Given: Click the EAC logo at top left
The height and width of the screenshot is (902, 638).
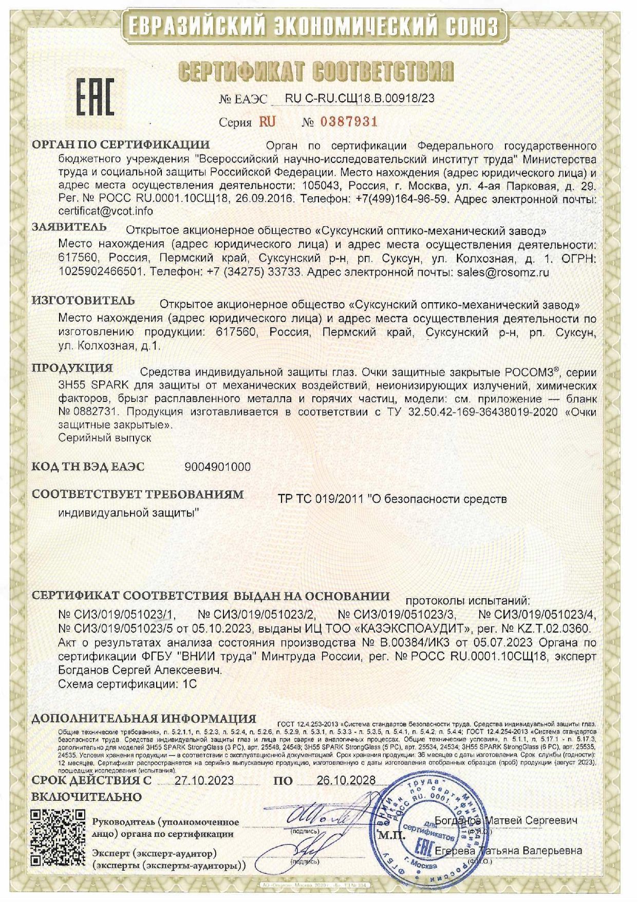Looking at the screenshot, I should pos(95,97).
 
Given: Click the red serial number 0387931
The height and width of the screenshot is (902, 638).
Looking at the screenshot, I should pos(349,122).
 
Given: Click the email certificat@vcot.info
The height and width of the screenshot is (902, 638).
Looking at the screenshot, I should pos(105,211).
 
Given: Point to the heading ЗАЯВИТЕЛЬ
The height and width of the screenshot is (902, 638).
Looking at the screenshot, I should pos(69,227).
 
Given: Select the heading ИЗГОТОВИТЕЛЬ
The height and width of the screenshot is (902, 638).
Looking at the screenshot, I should pos(83,301).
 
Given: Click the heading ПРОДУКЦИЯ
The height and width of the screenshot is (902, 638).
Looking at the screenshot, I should pos(72,368).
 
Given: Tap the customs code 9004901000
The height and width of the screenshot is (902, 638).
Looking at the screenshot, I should pos(217,467).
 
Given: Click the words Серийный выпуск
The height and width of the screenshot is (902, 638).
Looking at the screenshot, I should pos(105,438).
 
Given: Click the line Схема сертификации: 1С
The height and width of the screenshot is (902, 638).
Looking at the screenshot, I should pos(127,684).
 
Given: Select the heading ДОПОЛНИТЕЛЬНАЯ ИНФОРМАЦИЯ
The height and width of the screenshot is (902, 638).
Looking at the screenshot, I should pos(144,719).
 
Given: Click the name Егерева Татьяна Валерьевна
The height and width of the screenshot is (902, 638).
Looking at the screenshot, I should pos(508,851).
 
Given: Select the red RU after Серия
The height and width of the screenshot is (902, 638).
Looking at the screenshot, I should pos(267,122).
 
